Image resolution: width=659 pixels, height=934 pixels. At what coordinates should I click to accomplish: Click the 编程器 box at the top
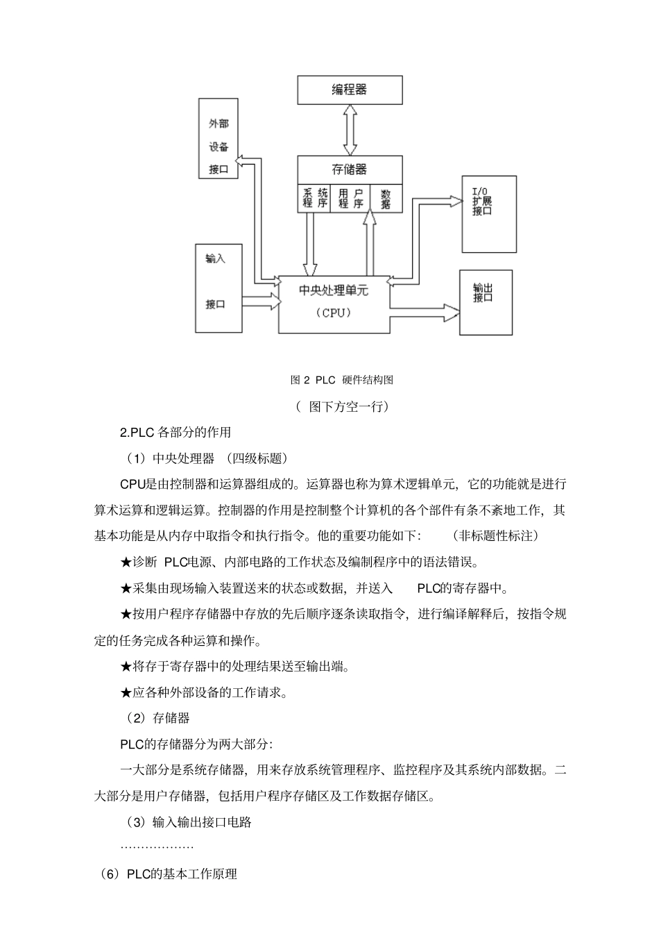(x=350, y=90)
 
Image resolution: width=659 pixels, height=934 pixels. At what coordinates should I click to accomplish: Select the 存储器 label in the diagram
(x=350, y=169)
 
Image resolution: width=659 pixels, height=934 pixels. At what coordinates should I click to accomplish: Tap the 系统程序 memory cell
(x=314, y=198)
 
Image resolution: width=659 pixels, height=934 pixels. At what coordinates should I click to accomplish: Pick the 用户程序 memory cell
(x=350, y=198)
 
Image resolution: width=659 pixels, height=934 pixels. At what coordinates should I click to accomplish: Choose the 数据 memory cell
(x=386, y=198)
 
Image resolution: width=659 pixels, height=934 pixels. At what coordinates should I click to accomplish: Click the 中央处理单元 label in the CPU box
(x=334, y=290)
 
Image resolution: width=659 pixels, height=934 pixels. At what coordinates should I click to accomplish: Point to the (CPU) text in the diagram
(x=334, y=312)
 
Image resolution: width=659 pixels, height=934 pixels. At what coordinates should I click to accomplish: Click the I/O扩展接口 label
(x=483, y=201)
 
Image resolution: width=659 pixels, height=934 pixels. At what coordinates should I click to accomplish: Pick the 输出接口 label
(x=483, y=292)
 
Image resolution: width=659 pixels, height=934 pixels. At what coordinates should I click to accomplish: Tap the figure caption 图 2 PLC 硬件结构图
(x=342, y=380)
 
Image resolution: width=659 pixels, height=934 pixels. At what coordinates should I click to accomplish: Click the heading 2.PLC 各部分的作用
(x=176, y=432)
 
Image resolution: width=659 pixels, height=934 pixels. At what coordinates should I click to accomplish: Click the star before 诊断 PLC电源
(x=126, y=562)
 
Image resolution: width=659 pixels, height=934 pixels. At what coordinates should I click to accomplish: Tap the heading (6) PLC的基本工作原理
(x=169, y=874)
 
